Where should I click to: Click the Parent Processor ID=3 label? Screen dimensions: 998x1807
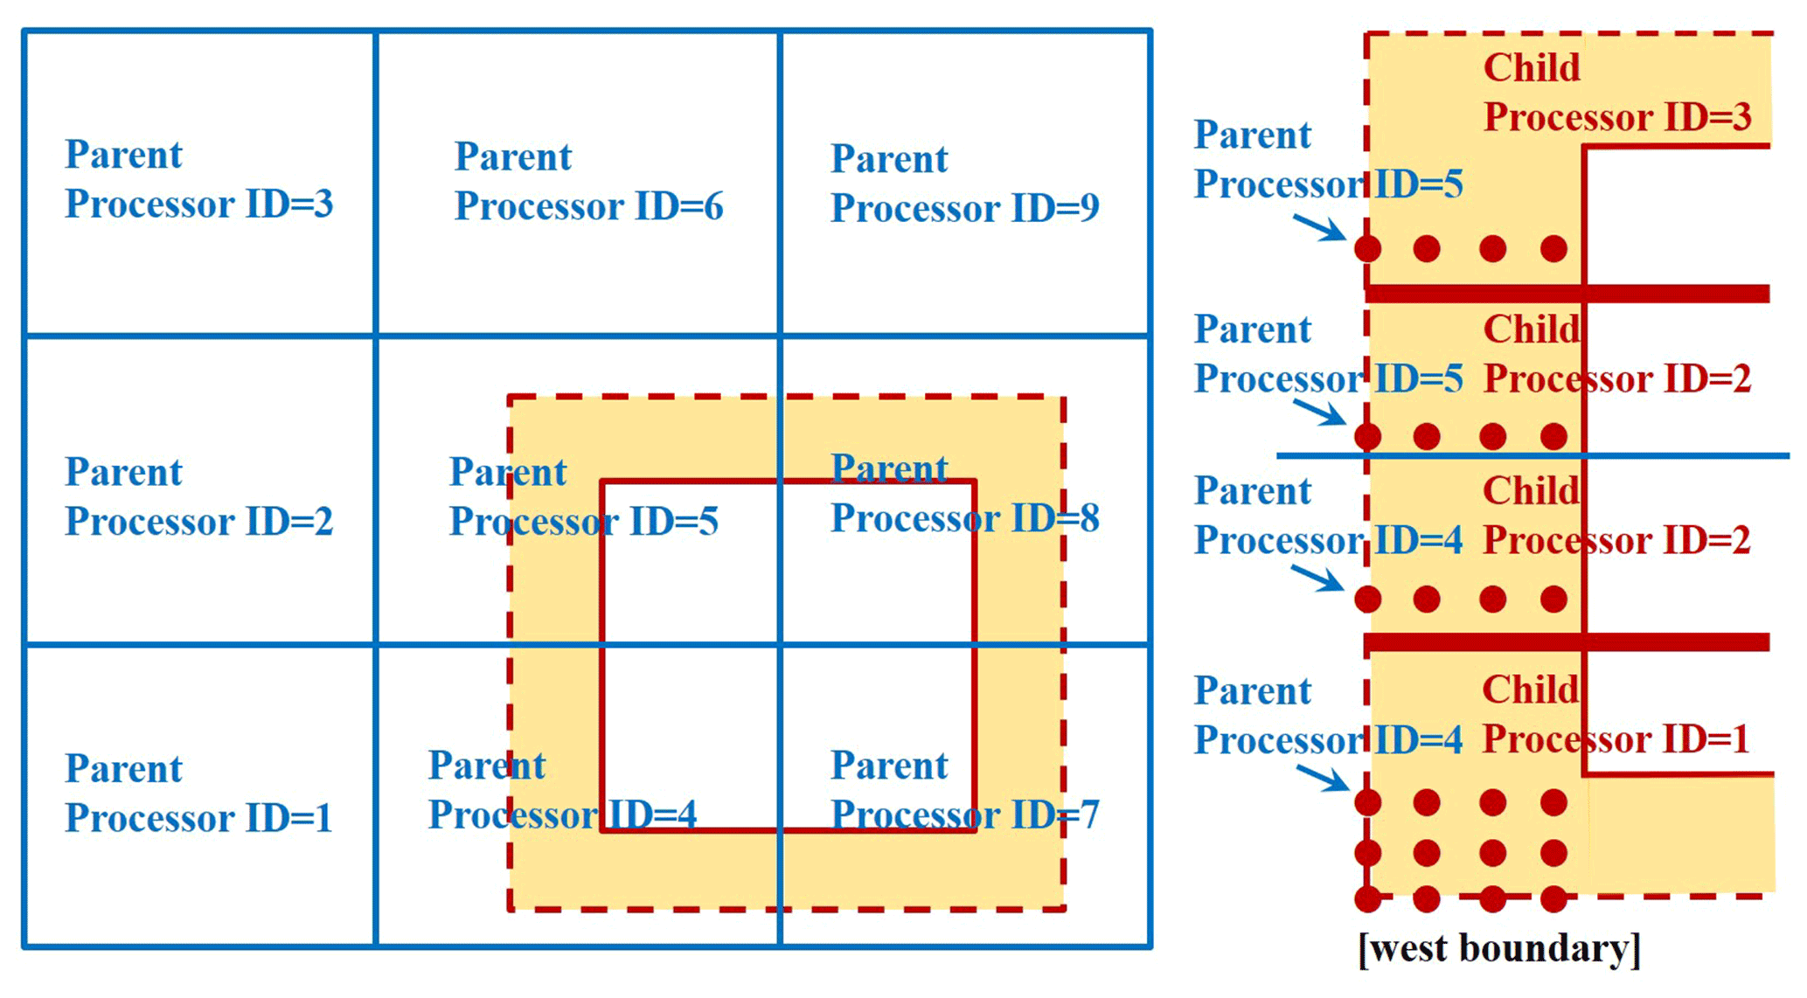[x=198, y=179]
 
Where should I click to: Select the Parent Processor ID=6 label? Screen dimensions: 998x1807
[x=588, y=182]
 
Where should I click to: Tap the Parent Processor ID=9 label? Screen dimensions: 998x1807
[x=964, y=184]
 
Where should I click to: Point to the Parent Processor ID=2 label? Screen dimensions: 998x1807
[x=198, y=496]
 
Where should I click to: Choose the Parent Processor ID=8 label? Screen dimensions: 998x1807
[x=964, y=494]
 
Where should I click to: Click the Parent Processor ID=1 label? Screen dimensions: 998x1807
[x=198, y=794]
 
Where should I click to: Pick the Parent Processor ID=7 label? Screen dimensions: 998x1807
[x=964, y=790]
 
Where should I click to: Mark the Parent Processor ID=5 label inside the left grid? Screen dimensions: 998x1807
[x=583, y=496]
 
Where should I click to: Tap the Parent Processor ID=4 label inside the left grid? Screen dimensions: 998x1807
[x=562, y=790]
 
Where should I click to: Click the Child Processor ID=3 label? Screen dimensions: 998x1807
[x=1617, y=93]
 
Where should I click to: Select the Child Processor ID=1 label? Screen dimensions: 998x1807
[x=1616, y=715]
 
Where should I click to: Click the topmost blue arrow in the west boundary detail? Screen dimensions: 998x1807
[x=1319, y=228]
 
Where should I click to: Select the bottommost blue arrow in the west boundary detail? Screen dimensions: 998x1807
[x=1322, y=777]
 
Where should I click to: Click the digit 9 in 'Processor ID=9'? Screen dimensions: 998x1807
[x=1088, y=208]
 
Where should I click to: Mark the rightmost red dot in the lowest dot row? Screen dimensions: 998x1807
[x=1553, y=898]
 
